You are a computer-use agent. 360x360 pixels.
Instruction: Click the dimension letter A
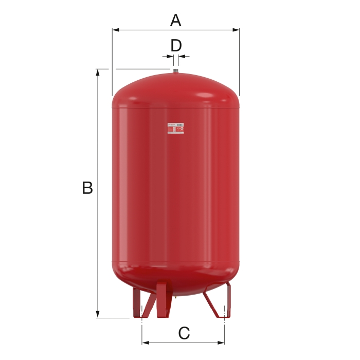click(x=176, y=21)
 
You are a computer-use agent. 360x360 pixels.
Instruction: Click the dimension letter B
click(x=87, y=188)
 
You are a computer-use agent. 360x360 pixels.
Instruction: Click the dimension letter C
click(x=184, y=333)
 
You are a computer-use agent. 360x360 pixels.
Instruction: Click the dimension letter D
click(x=176, y=45)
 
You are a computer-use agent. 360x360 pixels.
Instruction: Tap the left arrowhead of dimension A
click(x=115, y=30)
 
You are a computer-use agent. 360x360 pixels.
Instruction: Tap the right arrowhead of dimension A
click(x=237, y=30)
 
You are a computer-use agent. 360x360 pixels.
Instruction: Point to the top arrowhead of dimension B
click(x=98, y=72)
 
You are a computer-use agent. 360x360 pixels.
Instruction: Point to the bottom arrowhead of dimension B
click(x=98, y=315)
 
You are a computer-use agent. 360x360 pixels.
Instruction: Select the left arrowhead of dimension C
click(x=145, y=343)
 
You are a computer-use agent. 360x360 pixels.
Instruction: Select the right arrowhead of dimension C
click(x=222, y=343)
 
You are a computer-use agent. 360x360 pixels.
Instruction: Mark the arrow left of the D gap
click(x=169, y=56)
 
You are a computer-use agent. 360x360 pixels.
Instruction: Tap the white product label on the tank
click(x=175, y=129)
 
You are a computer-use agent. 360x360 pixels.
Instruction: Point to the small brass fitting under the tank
click(x=176, y=296)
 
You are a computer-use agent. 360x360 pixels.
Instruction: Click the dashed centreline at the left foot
click(x=141, y=324)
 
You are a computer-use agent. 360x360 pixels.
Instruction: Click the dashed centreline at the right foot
click(x=225, y=324)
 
